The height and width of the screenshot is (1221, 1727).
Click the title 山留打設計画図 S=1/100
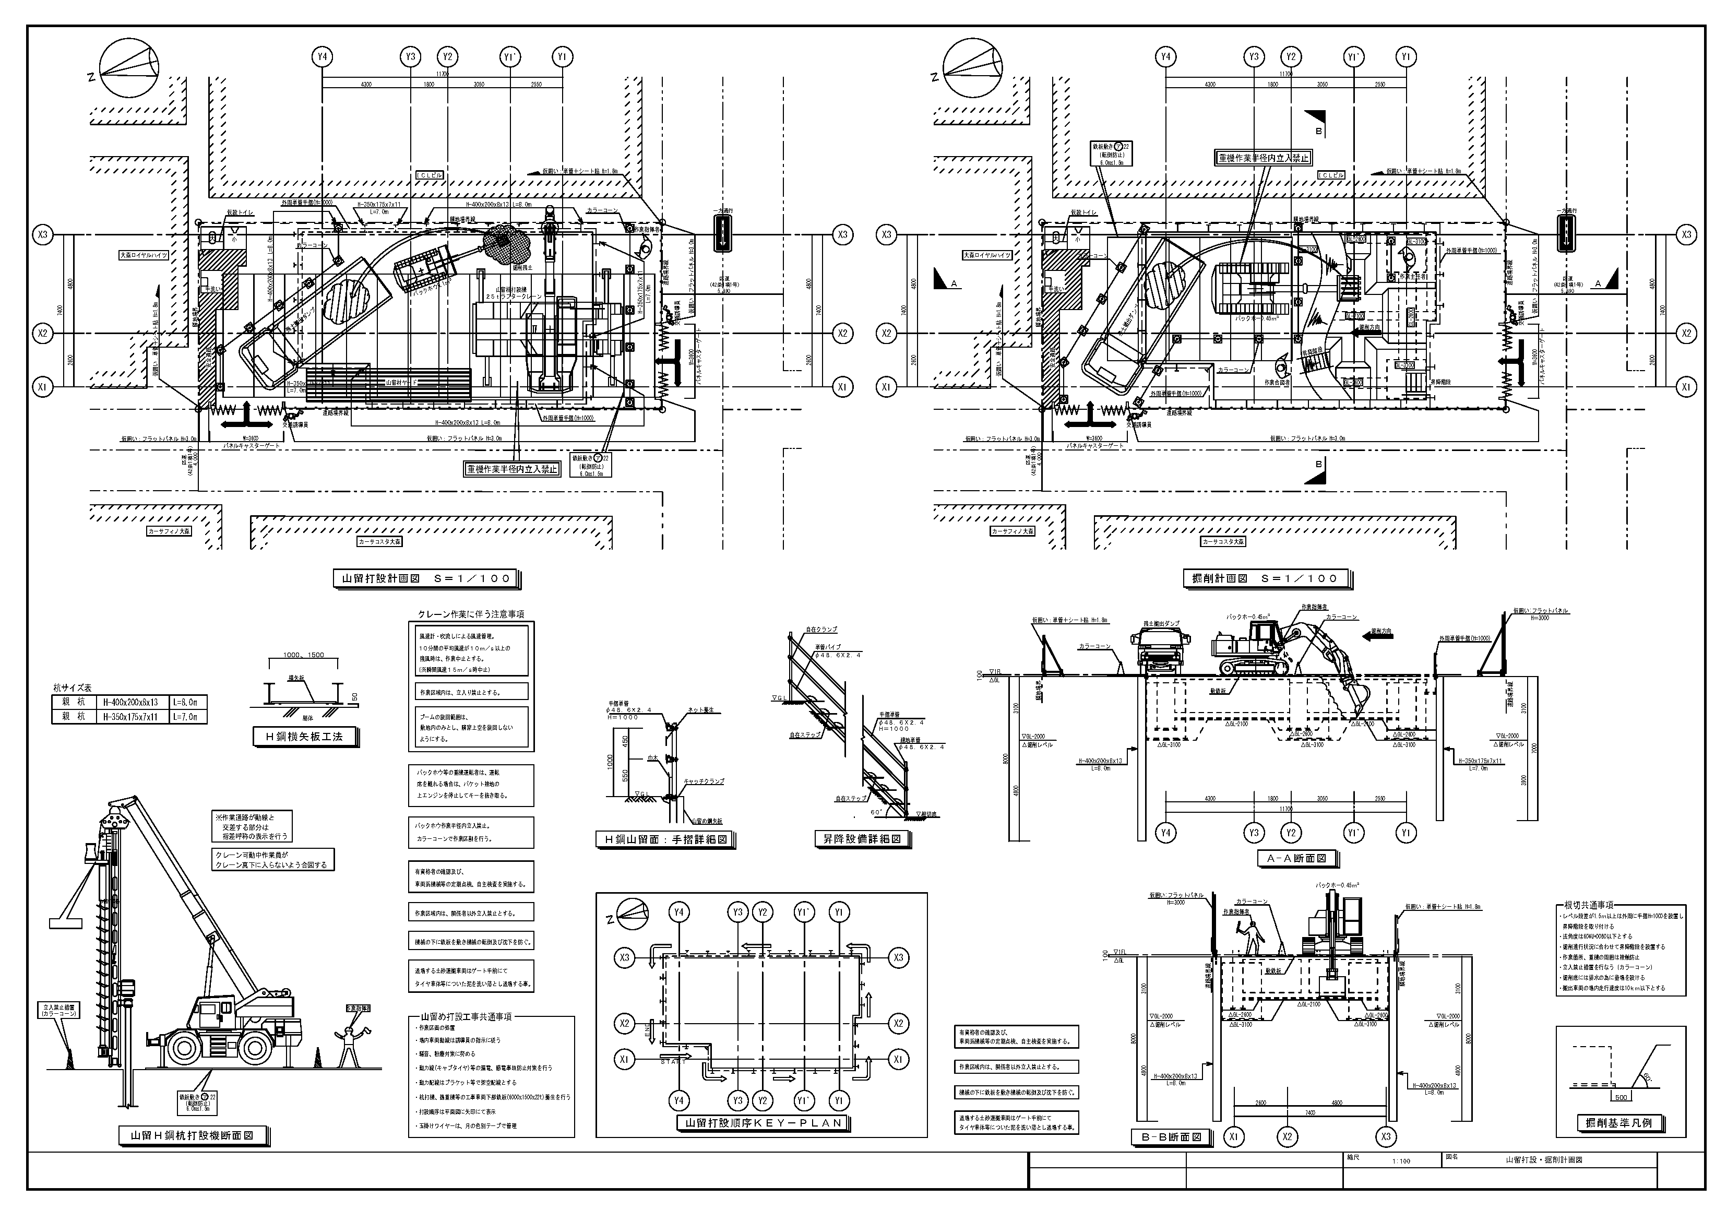click(x=426, y=578)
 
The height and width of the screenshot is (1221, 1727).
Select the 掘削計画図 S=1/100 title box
click(x=1267, y=578)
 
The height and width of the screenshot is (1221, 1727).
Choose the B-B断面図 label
click(x=1171, y=1137)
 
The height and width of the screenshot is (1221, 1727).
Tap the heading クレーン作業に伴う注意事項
click(x=471, y=614)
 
